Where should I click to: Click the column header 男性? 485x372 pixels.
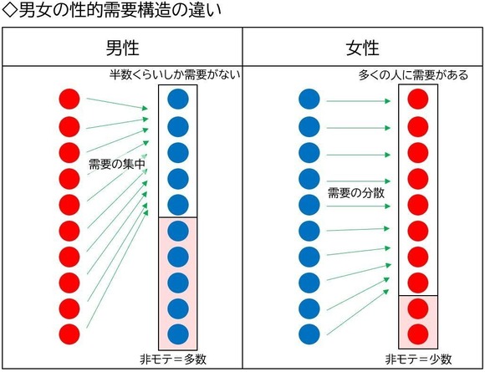[x=122, y=48]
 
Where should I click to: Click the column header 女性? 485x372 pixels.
[x=363, y=48]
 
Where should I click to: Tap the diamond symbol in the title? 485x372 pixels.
[x=9, y=10]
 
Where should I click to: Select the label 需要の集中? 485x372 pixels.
[x=117, y=164]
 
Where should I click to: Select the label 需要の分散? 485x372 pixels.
[x=356, y=193]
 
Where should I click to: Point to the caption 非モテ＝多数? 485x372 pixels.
[x=173, y=359]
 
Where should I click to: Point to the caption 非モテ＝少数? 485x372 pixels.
[x=418, y=359]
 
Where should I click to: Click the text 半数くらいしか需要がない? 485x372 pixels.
[x=175, y=75]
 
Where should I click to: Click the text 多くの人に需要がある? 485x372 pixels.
[x=413, y=75]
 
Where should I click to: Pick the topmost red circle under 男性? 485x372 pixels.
[x=69, y=99]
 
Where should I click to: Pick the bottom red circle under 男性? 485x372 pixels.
[x=69, y=334]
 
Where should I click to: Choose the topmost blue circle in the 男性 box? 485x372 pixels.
[x=178, y=99]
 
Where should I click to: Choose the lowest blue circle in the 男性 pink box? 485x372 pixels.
[x=178, y=334]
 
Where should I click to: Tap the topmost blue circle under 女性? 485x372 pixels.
[x=309, y=99]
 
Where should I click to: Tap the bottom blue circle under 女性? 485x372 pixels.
[x=309, y=334]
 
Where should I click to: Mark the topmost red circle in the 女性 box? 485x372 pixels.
[x=418, y=99]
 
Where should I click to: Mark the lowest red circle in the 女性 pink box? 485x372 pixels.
[x=418, y=334]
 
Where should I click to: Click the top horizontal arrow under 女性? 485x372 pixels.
[x=359, y=101]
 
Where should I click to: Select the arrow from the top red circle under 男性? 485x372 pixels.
[x=118, y=104]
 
